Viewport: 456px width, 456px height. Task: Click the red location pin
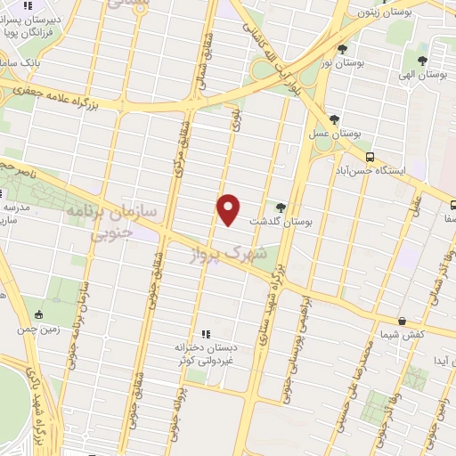[x=229, y=208]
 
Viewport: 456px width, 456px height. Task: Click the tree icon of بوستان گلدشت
[x=281, y=207]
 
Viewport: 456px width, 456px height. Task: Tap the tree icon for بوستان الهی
[x=423, y=61]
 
